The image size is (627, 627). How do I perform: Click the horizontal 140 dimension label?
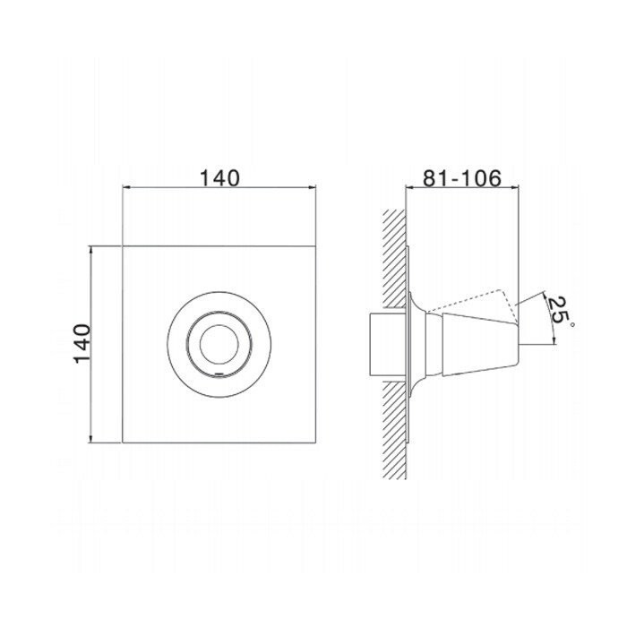click(219, 178)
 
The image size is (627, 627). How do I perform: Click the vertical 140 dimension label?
click(82, 343)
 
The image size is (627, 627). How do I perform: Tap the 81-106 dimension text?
click(462, 178)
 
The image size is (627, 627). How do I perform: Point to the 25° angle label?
click(561, 311)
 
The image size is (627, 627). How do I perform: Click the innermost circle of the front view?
click(219, 345)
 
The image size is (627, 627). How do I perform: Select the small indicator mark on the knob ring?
click(219, 374)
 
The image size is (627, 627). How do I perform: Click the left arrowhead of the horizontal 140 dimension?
click(126, 186)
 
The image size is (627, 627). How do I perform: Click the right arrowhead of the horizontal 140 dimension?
click(312, 186)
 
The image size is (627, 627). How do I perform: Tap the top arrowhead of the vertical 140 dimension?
click(91, 251)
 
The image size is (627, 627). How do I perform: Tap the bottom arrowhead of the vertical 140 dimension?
click(91, 438)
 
